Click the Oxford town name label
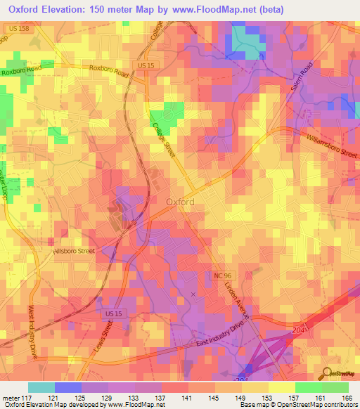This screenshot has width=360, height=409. pos(180,201)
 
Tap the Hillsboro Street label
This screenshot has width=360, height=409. pos(75,250)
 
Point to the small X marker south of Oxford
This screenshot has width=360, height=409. pos(193,294)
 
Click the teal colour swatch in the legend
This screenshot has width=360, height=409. pos(41,387)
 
